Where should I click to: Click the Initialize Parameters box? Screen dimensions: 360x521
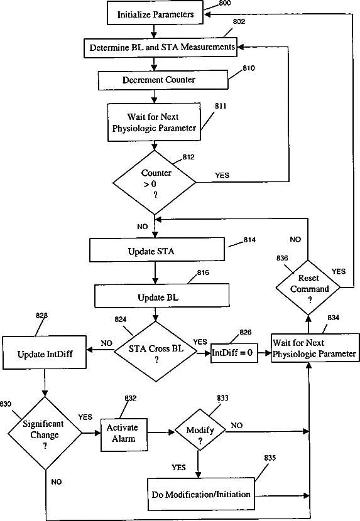(x=155, y=13)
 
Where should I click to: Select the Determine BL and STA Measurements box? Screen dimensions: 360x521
(x=160, y=48)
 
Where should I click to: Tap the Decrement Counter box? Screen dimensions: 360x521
(x=163, y=80)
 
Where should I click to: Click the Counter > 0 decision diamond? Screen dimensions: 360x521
(x=155, y=183)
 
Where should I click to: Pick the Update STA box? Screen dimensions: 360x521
(x=157, y=250)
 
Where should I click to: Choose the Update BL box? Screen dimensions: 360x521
(x=162, y=296)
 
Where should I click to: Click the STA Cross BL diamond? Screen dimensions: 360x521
(x=156, y=352)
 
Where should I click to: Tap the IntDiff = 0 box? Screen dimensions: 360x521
(x=234, y=353)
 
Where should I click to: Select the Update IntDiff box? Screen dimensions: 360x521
(x=45, y=353)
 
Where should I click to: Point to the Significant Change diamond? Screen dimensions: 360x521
(x=45, y=433)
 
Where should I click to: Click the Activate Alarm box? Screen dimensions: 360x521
(x=124, y=434)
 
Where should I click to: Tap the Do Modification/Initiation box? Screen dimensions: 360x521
(x=201, y=495)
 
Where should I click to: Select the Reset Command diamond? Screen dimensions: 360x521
(x=308, y=287)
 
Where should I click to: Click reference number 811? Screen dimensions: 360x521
(x=221, y=106)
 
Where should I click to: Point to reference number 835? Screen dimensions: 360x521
(x=270, y=458)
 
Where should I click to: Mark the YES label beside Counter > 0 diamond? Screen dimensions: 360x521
(x=222, y=175)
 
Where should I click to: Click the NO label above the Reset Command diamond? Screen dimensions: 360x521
(x=295, y=239)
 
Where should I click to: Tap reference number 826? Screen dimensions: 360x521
(x=246, y=332)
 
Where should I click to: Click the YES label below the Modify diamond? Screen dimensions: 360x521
(x=178, y=468)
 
